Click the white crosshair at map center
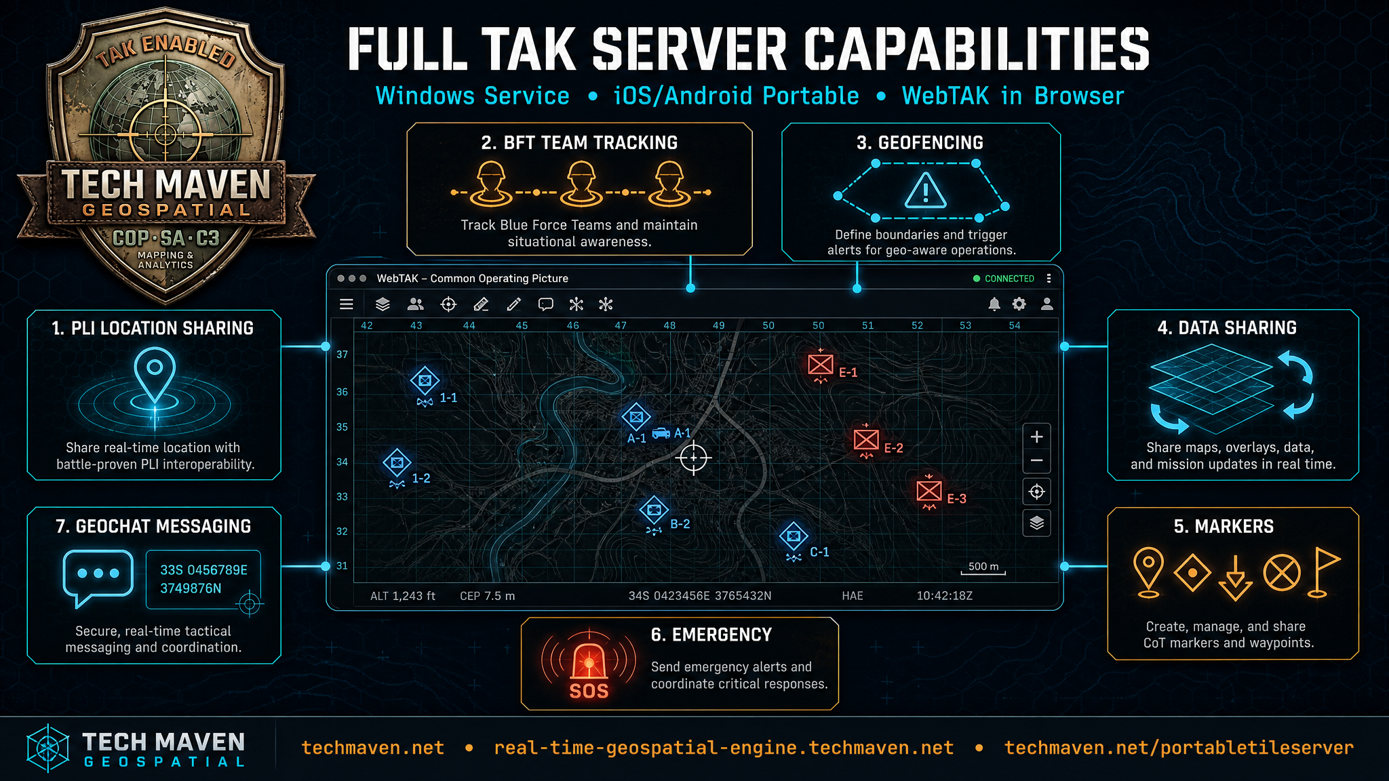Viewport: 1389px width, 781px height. point(694,458)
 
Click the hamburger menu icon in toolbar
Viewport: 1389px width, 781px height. point(347,304)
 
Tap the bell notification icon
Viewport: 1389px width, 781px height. point(994,304)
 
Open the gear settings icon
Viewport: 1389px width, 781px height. point(1019,304)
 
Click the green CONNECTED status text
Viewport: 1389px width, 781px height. point(1009,279)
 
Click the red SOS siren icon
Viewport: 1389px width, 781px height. point(589,664)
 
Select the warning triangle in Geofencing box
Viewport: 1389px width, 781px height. point(926,190)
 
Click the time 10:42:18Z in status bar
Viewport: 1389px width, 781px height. point(945,596)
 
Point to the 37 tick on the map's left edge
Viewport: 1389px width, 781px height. point(342,355)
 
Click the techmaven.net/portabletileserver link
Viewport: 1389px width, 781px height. point(1179,748)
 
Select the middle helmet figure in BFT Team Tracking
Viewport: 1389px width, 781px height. point(581,183)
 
